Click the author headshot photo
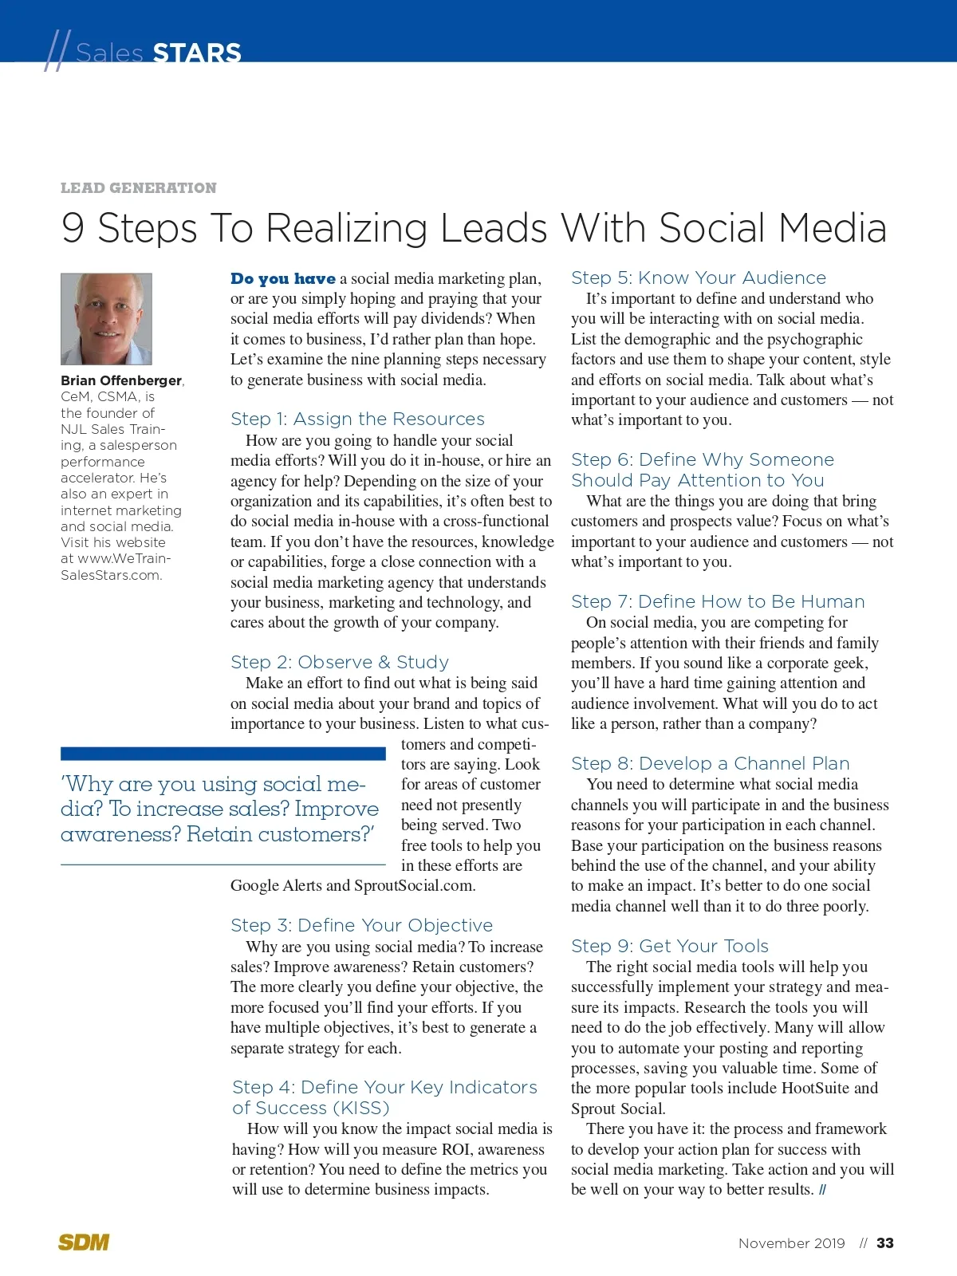tap(106, 319)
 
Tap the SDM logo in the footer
tap(84, 1242)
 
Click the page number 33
tap(884, 1243)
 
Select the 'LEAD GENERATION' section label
tap(139, 188)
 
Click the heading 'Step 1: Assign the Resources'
tap(357, 419)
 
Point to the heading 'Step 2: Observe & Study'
tap(340, 663)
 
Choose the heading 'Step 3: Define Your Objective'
tap(361, 926)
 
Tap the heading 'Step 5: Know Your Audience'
tap(699, 278)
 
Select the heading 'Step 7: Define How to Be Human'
tap(718, 602)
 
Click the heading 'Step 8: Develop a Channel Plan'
tap(710, 764)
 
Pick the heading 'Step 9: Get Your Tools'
tap(670, 947)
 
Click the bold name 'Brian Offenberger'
tap(121, 380)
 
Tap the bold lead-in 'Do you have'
tap(283, 279)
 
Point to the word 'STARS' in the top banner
tap(197, 53)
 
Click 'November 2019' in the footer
tap(791, 1243)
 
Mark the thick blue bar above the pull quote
tap(223, 754)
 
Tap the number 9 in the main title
tap(73, 229)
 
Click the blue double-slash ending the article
tap(822, 1191)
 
